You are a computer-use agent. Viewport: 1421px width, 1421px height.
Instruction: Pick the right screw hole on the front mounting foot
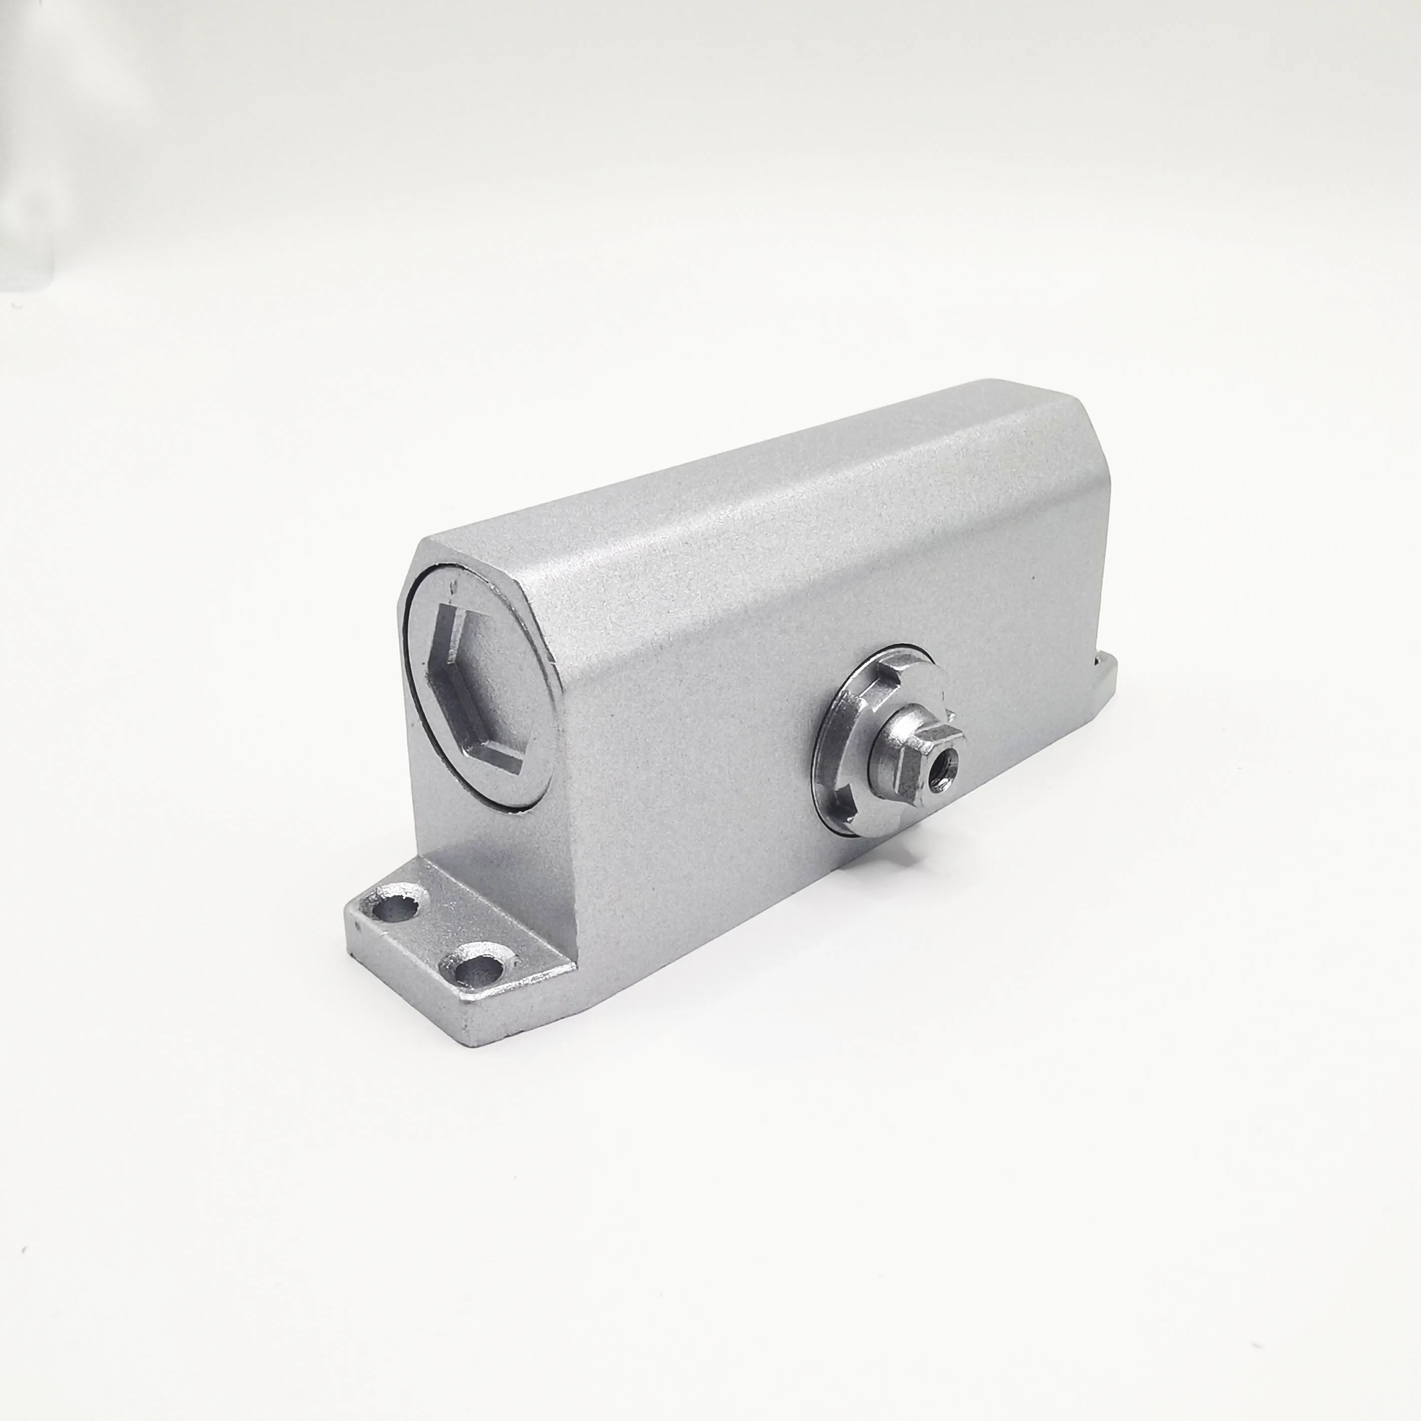point(479,970)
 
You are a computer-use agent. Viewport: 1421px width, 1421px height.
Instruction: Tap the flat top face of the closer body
point(735,471)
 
